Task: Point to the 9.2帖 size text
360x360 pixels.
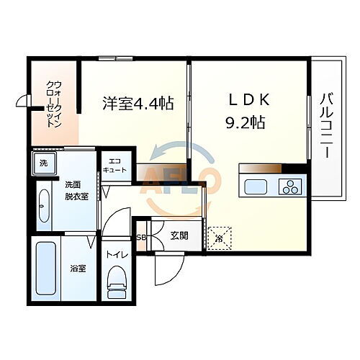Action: [x=244, y=122]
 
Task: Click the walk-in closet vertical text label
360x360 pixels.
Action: [x=53, y=104]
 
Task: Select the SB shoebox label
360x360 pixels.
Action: [x=141, y=236]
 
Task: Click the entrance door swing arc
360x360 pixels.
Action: [x=170, y=272]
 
